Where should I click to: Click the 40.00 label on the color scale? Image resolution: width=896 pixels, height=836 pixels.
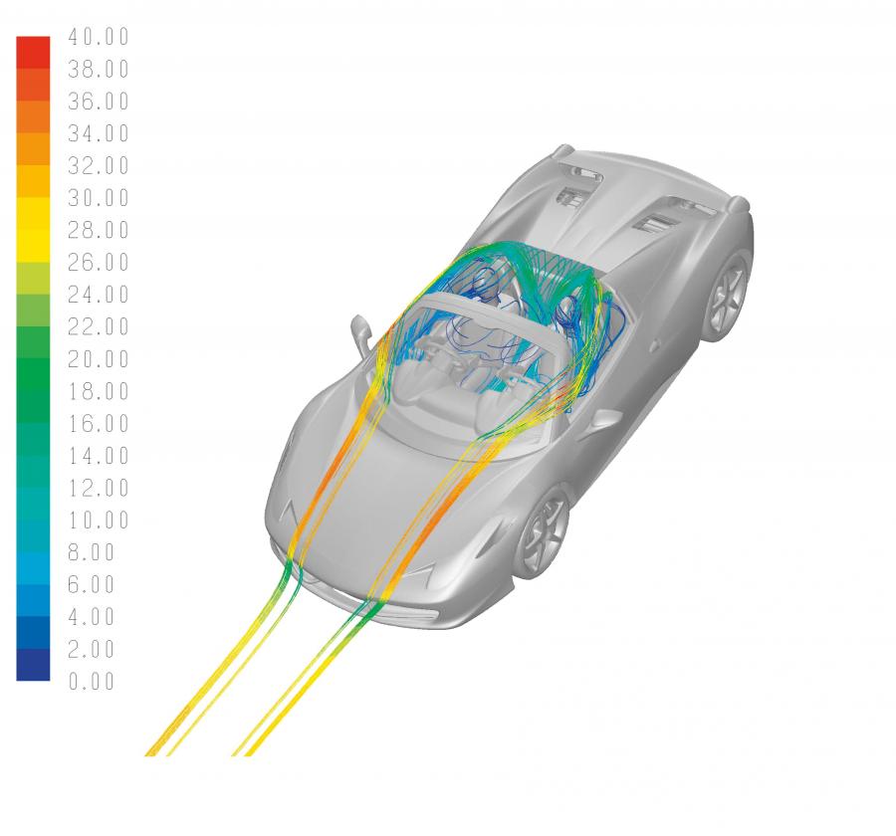(x=99, y=37)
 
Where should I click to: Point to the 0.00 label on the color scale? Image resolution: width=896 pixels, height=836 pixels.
(x=92, y=681)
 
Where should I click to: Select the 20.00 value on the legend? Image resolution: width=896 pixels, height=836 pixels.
(x=99, y=359)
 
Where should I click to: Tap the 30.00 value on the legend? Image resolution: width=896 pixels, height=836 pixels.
(x=99, y=198)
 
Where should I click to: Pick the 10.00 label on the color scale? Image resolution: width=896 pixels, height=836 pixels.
(x=99, y=521)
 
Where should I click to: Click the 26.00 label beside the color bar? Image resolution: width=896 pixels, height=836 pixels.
(x=99, y=263)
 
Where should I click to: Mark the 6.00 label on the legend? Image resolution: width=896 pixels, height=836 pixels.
(x=92, y=584)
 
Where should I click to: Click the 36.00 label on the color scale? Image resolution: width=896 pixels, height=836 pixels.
(x=99, y=102)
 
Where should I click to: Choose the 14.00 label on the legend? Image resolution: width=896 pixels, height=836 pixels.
(x=99, y=456)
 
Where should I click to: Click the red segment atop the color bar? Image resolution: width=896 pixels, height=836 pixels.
(x=33, y=53)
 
